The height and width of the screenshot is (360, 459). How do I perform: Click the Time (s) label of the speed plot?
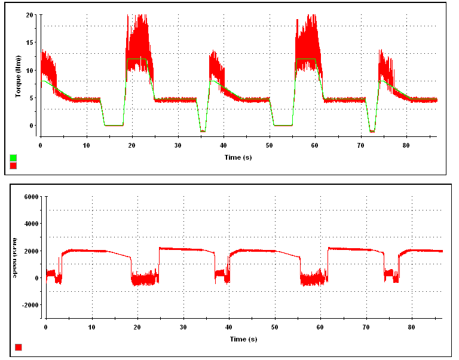coord(243,339)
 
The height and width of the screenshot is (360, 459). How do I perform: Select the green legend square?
coord(14,158)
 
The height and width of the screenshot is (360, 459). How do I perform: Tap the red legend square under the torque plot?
coord(14,166)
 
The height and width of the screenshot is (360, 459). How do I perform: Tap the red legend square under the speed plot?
coord(19,347)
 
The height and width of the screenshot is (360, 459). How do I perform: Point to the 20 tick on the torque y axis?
coord(29,14)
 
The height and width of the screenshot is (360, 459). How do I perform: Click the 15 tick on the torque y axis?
coord(29,42)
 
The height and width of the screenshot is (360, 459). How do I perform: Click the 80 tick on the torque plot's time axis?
coord(406,145)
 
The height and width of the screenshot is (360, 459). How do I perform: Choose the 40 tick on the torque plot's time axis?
coord(224,145)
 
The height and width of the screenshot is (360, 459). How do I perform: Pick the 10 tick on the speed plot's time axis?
coord(91,328)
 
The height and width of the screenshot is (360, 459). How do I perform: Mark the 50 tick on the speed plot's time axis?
coord(274,328)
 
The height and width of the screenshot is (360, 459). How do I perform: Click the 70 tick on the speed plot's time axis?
coord(366,328)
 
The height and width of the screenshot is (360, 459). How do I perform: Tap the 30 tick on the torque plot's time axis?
coord(178,145)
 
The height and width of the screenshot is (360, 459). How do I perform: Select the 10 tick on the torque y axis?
coord(29,70)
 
